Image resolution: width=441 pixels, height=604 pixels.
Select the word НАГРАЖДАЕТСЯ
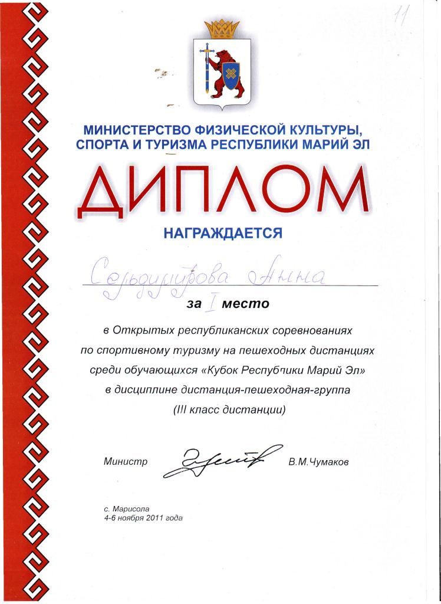tap(222, 233)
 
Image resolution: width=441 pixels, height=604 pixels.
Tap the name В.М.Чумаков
tap(318, 462)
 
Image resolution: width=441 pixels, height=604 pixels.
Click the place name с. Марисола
tap(127, 508)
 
